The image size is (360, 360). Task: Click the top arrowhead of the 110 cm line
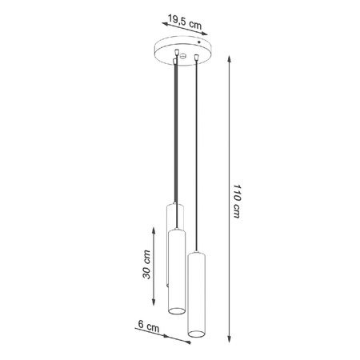tap(230, 64)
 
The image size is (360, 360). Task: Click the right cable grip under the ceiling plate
tap(195, 57)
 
